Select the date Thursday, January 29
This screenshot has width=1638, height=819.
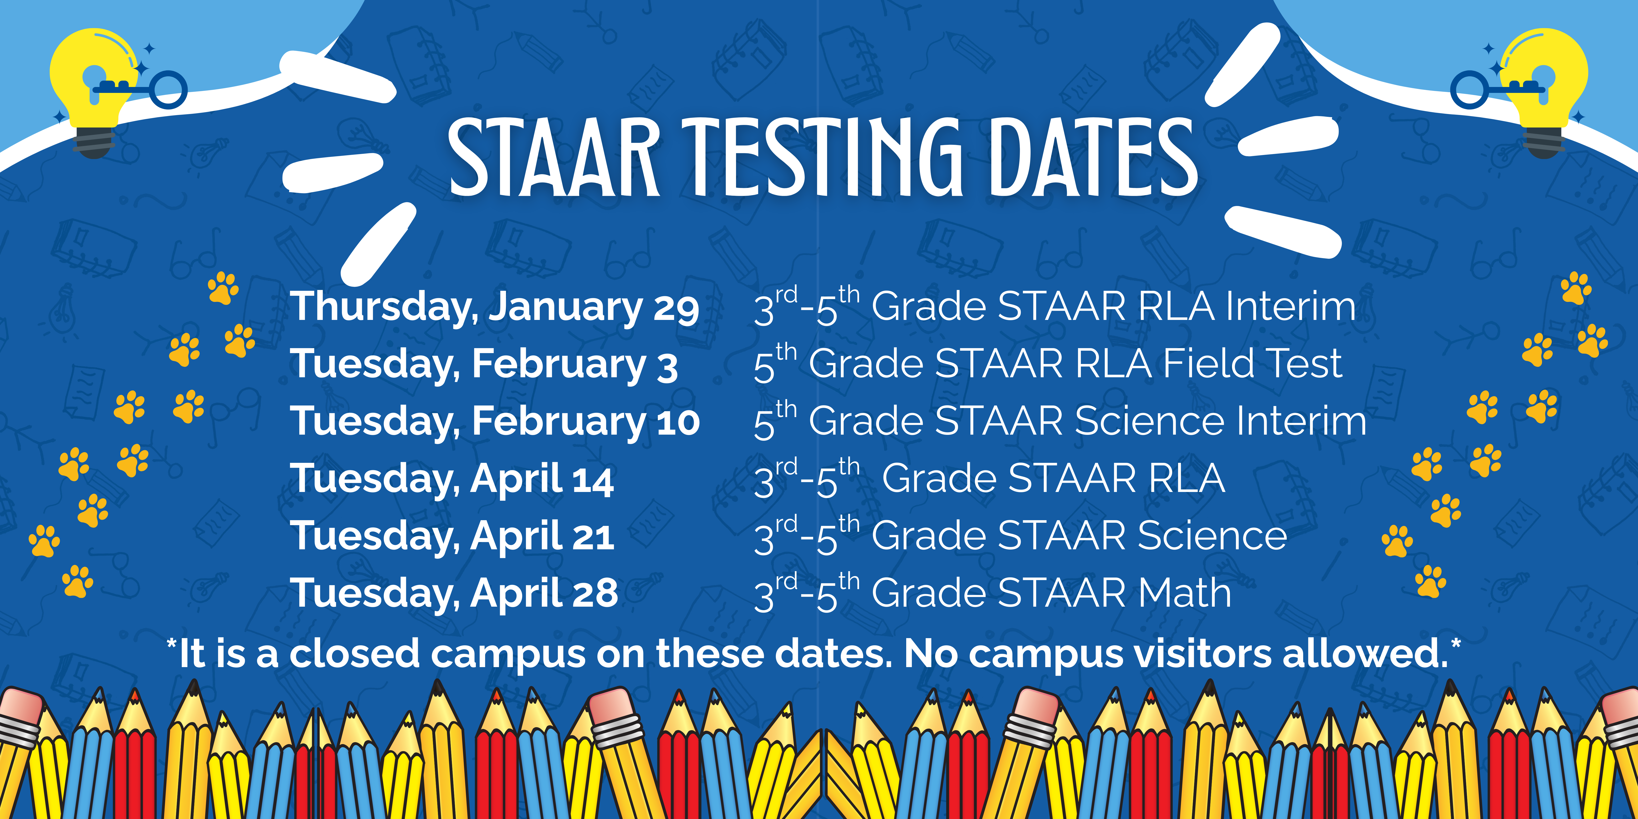pos(495,307)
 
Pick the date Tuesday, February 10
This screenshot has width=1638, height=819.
pos(495,422)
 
